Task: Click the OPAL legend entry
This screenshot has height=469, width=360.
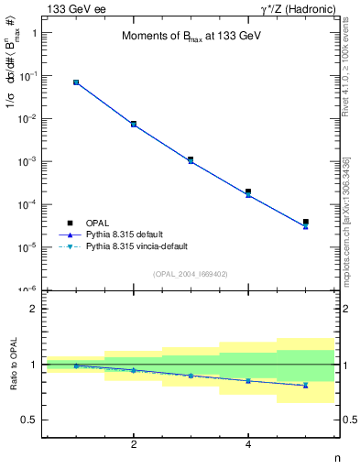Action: click(x=98, y=223)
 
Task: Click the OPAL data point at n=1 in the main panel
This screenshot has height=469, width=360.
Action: click(x=76, y=82)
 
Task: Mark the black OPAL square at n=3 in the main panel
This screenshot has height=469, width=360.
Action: click(x=191, y=159)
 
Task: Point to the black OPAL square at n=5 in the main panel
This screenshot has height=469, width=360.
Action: click(x=306, y=222)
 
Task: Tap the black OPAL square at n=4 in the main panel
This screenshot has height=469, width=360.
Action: click(x=248, y=191)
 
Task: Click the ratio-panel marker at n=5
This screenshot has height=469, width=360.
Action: click(x=306, y=386)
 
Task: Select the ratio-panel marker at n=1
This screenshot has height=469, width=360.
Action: click(x=76, y=365)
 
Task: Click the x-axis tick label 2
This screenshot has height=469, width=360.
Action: click(x=134, y=444)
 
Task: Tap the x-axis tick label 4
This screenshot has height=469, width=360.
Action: click(x=248, y=444)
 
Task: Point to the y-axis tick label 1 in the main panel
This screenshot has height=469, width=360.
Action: click(x=34, y=33)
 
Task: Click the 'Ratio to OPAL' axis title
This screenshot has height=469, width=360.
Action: click(x=13, y=364)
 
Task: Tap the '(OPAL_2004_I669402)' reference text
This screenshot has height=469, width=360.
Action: click(x=191, y=273)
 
